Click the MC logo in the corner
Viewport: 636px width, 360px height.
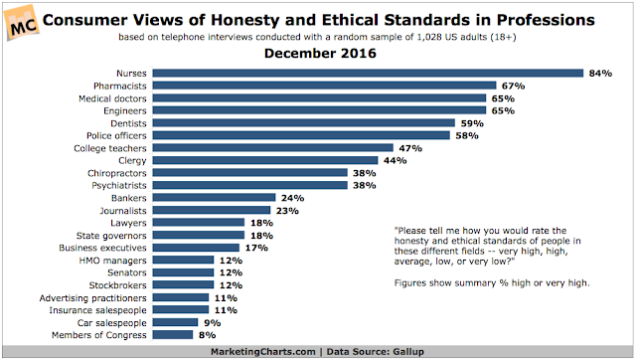(x=22, y=23)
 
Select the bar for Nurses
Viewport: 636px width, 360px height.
(x=368, y=73)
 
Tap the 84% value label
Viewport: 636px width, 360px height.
(x=600, y=74)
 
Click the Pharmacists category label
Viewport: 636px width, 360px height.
(x=119, y=87)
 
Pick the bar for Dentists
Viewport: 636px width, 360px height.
(x=304, y=123)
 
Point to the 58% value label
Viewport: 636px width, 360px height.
(x=467, y=135)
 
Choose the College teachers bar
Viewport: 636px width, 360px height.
(x=273, y=148)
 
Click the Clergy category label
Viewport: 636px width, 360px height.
(x=132, y=161)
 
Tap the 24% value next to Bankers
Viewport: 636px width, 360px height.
(x=292, y=198)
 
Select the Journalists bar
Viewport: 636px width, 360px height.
(x=212, y=210)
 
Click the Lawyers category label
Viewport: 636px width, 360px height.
(x=128, y=223)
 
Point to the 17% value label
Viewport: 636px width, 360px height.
(x=256, y=248)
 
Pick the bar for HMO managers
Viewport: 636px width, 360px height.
(x=183, y=260)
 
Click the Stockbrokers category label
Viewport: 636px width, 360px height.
(x=117, y=285)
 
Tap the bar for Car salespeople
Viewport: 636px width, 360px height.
(x=175, y=322)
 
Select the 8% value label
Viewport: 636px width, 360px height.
(x=208, y=335)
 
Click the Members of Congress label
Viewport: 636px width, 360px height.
(x=99, y=335)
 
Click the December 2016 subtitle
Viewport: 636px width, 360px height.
(x=320, y=53)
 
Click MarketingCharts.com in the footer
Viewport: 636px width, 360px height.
(x=262, y=351)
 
